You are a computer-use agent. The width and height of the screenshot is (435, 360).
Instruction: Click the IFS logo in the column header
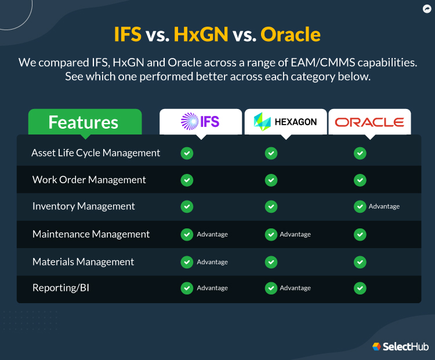click(200, 121)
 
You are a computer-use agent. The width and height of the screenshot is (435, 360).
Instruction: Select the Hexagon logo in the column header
click(285, 121)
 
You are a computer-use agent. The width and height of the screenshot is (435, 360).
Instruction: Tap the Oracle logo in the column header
click(369, 122)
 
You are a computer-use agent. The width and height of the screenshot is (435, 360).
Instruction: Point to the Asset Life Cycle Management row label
click(96, 153)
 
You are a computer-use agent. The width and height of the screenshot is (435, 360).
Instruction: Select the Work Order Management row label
click(89, 180)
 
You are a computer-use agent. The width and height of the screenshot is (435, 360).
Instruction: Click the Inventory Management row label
click(84, 206)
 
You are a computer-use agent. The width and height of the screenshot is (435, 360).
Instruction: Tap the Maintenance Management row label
click(91, 234)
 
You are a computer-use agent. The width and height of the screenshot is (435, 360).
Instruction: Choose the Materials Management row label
click(83, 261)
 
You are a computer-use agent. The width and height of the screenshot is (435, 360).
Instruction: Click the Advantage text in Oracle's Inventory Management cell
click(384, 206)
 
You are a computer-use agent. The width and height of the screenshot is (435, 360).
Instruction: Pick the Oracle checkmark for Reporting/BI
click(360, 288)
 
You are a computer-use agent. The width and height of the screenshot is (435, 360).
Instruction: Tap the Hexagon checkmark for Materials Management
click(271, 261)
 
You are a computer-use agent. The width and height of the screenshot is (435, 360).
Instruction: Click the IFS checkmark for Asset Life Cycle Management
click(187, 153)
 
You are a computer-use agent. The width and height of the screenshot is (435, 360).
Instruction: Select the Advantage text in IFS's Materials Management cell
click(212, 262)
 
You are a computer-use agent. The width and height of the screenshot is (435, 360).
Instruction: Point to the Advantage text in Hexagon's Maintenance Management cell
click(295, 234)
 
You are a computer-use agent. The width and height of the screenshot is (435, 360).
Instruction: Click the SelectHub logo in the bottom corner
click(400, 346)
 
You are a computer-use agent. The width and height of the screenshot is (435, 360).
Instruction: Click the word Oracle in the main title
click(290, 34)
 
